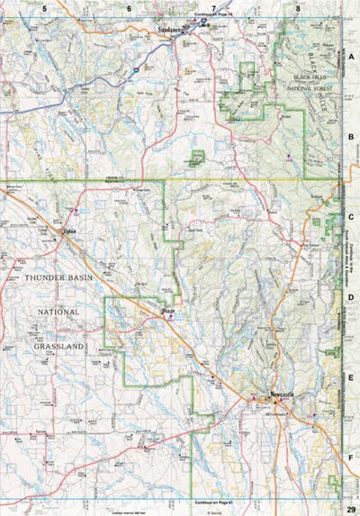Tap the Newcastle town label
[x=287, y=394]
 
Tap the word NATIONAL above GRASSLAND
[x=59, y=312]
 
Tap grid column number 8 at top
[x=298, y=7]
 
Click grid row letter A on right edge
[x=352, y=56]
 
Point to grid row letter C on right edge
[x=352, y=216]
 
